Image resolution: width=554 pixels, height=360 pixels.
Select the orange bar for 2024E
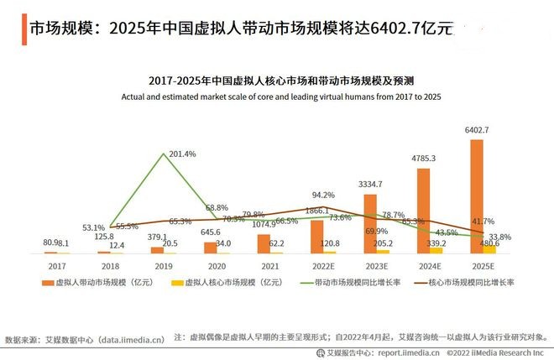(423, 210)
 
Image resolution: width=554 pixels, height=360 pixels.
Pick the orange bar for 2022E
(316, 236)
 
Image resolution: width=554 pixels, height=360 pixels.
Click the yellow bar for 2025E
(489, 248)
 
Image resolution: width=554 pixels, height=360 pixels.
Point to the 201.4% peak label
(182, 154)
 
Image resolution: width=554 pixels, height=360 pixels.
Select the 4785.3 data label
(422, 158)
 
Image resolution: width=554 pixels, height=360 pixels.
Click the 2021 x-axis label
(269, 265)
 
